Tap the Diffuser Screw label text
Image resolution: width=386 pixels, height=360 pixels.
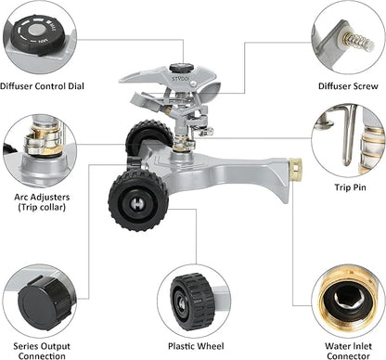pos(348,86)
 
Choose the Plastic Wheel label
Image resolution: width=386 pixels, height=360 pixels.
pos(193,347)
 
